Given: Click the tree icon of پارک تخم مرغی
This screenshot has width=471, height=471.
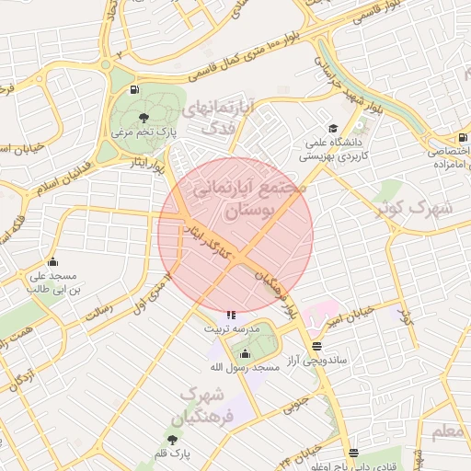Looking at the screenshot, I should pyautogui.click(x=143, y=117).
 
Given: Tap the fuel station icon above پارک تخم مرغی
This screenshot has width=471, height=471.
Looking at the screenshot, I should pyautogui.click(x=135, y=90).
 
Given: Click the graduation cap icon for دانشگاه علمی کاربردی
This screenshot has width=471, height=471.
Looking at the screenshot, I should pyautogui.click(x=332, y=129).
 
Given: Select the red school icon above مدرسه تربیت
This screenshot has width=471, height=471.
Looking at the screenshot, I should pyautogui.click(x=231, y=315).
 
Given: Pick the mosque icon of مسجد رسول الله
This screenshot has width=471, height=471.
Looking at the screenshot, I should pyautogui.click(x=244, y=353).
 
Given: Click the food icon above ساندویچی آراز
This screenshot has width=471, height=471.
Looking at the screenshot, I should pyautogui.click(x=316, y=346).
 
